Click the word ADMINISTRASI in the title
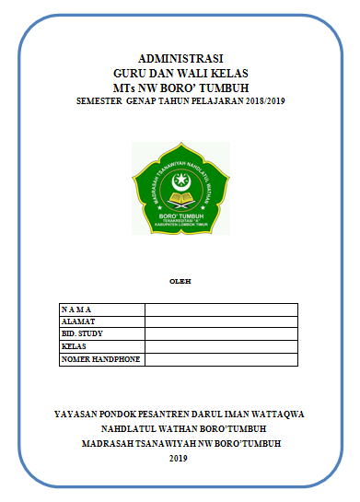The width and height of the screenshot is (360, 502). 180,57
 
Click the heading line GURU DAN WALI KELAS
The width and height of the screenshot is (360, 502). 180,72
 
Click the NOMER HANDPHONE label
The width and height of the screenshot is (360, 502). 100,359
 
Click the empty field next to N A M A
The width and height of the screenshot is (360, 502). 221,309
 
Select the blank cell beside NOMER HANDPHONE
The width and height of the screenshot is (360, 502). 221,359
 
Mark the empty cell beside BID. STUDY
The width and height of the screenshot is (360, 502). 221,334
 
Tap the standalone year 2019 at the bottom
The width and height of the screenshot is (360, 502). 180,458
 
